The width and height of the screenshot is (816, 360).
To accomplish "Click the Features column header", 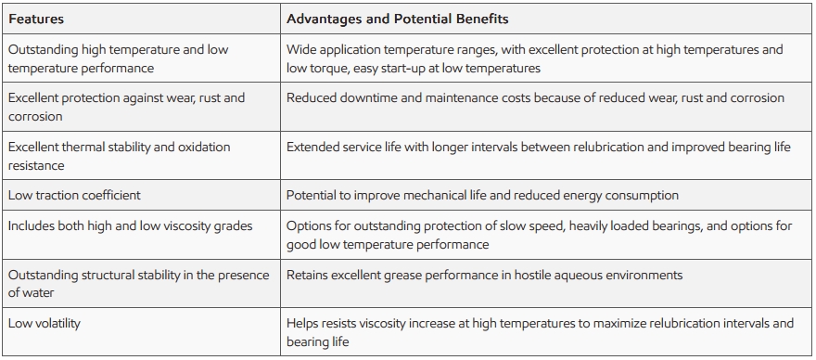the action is (36, 19).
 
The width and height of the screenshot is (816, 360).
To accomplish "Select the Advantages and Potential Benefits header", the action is (398, 19).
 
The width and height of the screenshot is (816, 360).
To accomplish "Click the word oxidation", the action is (205, 147).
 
